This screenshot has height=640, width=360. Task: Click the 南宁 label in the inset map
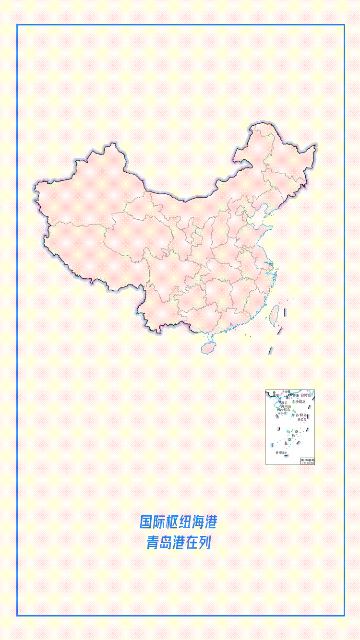pos(276,396)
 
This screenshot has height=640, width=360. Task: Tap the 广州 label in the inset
pos(286,391)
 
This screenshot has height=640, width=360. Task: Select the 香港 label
pos(295,395)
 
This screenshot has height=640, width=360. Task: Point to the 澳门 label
pos(288,398)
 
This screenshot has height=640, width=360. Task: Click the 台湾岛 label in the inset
pos(306,395)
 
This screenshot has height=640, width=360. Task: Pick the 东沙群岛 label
pos(299,402)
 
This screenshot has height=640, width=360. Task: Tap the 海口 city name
pos(285,403)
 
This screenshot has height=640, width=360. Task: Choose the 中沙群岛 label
pos(300,415)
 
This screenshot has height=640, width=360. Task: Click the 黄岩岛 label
pos(302,419)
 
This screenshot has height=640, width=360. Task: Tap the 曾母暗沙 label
pos(281,452)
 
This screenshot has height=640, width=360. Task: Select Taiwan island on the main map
pos(274,314)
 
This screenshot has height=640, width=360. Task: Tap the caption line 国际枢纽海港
pos(179,521)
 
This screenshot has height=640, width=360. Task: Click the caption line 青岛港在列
pos(179,543)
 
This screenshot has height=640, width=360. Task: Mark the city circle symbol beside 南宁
pos(274,393)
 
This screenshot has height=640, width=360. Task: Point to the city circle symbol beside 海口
pos(280,402)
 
